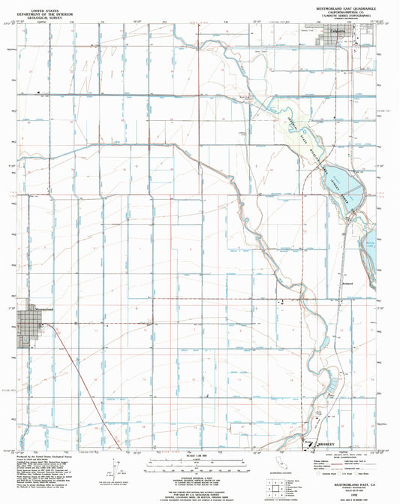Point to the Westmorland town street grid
(x=30, y=330)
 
